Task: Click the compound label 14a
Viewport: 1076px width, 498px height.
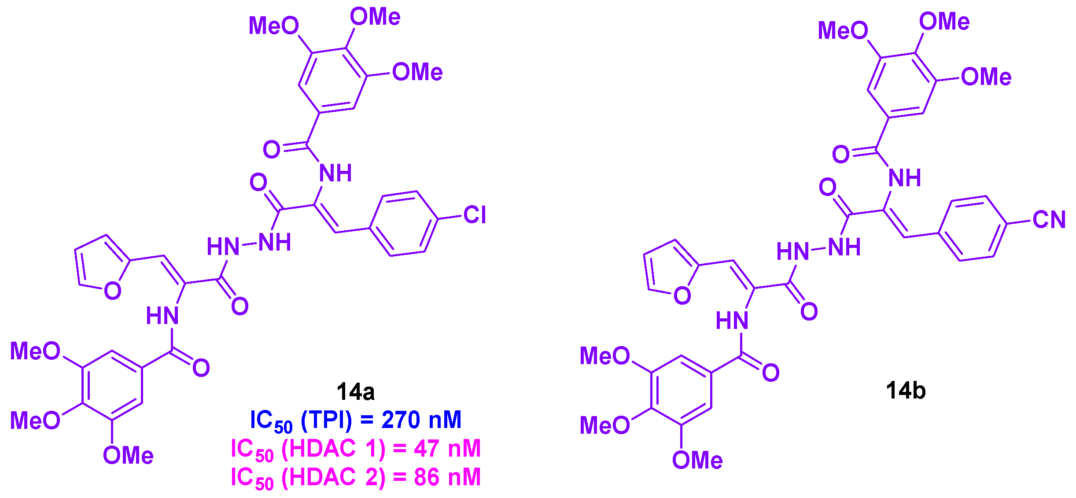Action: coord(355,391)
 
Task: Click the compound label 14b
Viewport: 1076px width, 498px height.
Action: coord(906,391)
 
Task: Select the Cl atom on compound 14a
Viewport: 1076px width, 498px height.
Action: coord(474,215)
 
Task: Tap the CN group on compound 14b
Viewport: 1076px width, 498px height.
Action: coord(1049,220)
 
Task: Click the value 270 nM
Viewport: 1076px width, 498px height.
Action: coord(421,420)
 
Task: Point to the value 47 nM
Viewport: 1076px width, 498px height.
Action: coord(447,449)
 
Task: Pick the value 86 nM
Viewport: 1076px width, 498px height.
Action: coord(447,477)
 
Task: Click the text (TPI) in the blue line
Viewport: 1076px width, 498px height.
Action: coord(326,420)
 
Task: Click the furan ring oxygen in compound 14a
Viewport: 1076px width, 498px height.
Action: coord(113,291)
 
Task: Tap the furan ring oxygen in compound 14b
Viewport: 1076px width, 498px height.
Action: coord(682,296)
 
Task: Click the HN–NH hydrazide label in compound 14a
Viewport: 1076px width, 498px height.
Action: coord(249,244)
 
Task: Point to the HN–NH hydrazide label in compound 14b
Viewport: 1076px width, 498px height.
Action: coord(818,249)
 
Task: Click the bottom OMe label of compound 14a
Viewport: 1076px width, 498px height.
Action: coord(128,455)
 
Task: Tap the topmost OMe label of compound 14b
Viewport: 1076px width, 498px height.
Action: coord(944,22)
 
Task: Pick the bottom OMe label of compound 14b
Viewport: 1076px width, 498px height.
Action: coord(697,460)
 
